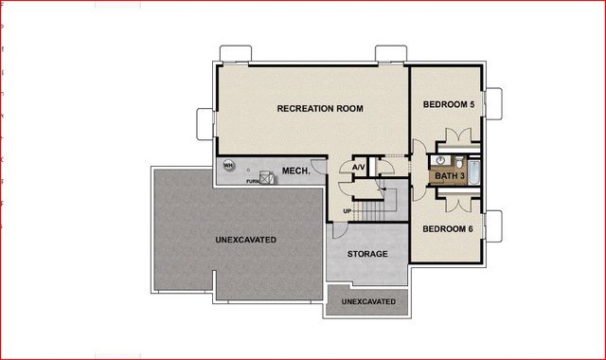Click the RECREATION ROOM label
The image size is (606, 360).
(320, 109)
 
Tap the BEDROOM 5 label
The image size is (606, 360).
(449, 103)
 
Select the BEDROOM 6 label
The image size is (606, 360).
(448, 229)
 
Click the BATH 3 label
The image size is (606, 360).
(449, 176)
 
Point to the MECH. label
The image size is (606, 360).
(292, 171)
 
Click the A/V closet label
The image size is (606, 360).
(358, 168)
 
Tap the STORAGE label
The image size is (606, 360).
(366, 255)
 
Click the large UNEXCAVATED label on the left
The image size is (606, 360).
(245, 241)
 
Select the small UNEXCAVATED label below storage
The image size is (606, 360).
(368, 301)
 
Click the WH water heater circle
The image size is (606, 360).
(228, 164)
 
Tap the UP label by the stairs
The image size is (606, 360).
(347, 210)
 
